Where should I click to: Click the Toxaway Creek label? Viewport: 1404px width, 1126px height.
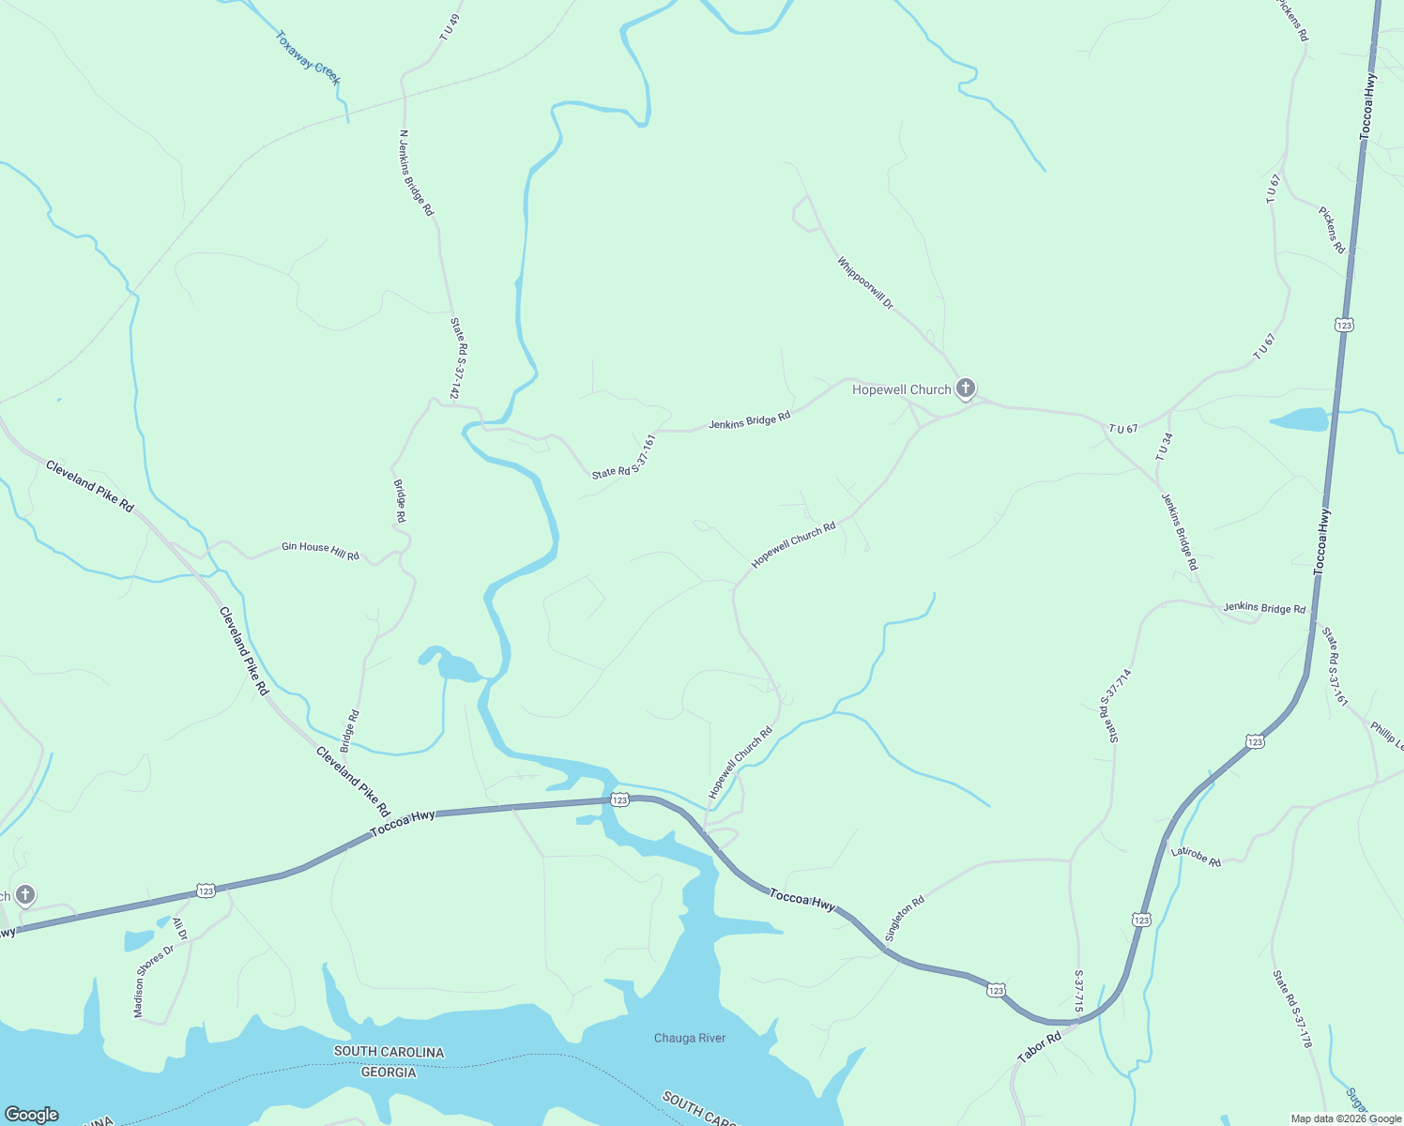308,58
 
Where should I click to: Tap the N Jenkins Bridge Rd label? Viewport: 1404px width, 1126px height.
417,173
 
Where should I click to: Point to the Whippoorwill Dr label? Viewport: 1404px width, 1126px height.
865,282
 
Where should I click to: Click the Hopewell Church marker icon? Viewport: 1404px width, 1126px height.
966,388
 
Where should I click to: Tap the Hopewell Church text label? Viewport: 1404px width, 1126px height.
901,389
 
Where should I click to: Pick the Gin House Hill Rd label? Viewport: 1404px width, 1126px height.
320,551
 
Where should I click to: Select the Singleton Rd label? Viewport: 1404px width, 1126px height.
905,919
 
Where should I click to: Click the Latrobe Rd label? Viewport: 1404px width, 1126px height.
1196,857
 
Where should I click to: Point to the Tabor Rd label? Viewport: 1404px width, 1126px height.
1039,1047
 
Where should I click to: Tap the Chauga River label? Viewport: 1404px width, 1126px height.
690,1038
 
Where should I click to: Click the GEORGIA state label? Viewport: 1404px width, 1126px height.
389,1072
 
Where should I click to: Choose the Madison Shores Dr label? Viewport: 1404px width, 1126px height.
154,981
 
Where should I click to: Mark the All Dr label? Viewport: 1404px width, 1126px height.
178,929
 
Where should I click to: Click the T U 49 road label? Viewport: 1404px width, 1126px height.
451,26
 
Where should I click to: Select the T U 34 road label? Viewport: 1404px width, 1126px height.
1165,446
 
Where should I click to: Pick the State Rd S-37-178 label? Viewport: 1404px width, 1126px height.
1292,1009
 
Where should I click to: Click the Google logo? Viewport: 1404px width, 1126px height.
32,1114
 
